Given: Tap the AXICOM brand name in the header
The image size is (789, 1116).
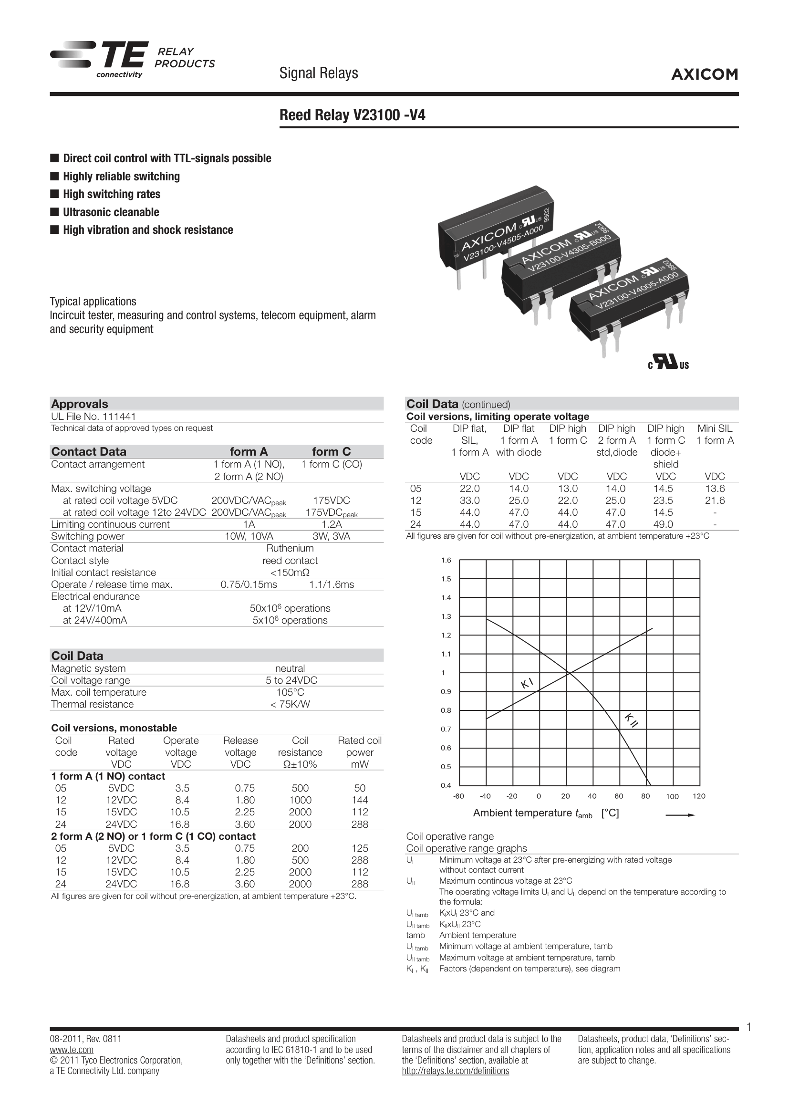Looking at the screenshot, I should point(705,74).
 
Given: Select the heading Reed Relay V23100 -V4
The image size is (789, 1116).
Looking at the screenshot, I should point(352,115).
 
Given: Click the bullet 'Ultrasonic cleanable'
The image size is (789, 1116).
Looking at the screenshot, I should point(111,212).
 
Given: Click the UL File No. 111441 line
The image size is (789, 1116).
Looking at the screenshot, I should point(94,417).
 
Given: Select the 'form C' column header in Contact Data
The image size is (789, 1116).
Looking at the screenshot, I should point(332,451).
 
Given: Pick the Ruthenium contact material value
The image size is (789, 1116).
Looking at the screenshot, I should point(290,548).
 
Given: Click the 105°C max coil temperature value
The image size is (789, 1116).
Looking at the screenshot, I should point(290,692).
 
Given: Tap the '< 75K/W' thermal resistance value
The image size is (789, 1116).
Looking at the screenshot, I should point(290,704).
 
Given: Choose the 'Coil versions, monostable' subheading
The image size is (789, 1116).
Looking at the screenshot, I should point(114,728).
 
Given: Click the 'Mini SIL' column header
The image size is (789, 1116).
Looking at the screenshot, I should point(715,429).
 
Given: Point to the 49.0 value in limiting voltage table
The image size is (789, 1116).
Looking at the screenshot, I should point(665,524).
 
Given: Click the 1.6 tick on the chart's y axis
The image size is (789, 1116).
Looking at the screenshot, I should point(446,561).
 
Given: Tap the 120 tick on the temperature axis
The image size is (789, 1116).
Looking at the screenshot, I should point(699,796).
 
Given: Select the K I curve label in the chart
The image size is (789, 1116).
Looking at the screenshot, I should point(527,683).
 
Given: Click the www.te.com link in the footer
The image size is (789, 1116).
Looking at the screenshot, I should point(72,1049).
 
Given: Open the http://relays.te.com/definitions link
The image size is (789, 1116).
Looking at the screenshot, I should point(455,1071).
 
